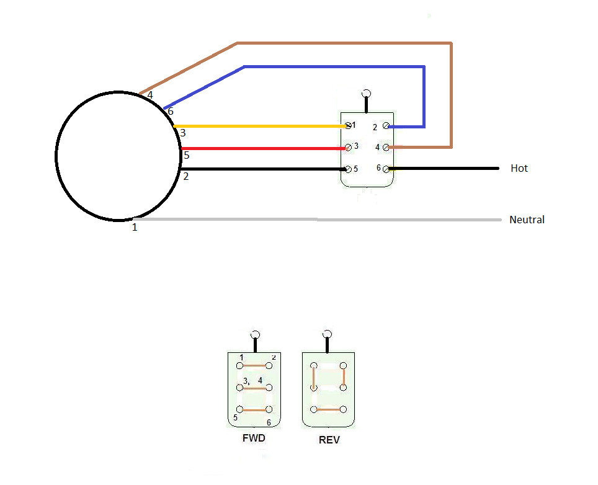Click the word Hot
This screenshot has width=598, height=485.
(x=519, y=168)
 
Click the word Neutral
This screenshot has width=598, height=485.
(x=527, y=220)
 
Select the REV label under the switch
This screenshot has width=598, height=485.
(x=329, y=440)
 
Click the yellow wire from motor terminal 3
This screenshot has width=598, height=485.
(x=261, y=126)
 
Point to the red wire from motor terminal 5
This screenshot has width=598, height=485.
(x=261, y=148)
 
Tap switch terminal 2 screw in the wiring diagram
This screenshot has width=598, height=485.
(x=386, y=126)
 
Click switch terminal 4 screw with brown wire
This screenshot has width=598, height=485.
(x=386, y=148)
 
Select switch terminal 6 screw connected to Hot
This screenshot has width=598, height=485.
(x=386, y=169)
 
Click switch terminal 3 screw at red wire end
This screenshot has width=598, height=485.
(x=347, y=148)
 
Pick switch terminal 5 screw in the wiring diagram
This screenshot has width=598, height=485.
(x=347, y=169)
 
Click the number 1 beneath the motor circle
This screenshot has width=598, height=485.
(x=135, y=228)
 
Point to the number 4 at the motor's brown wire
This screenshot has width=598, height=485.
(x=150, y=96)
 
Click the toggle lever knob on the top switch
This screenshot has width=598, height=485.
(x=367, y=94)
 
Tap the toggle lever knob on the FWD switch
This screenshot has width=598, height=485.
(x=254, y=334)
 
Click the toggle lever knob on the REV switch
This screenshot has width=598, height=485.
(x=328, y=334)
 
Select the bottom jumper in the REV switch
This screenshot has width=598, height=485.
(x=329, y=409)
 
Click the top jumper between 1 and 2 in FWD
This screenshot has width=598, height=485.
(x=255, y=366)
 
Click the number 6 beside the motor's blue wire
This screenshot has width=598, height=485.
(x=171, y=111)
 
